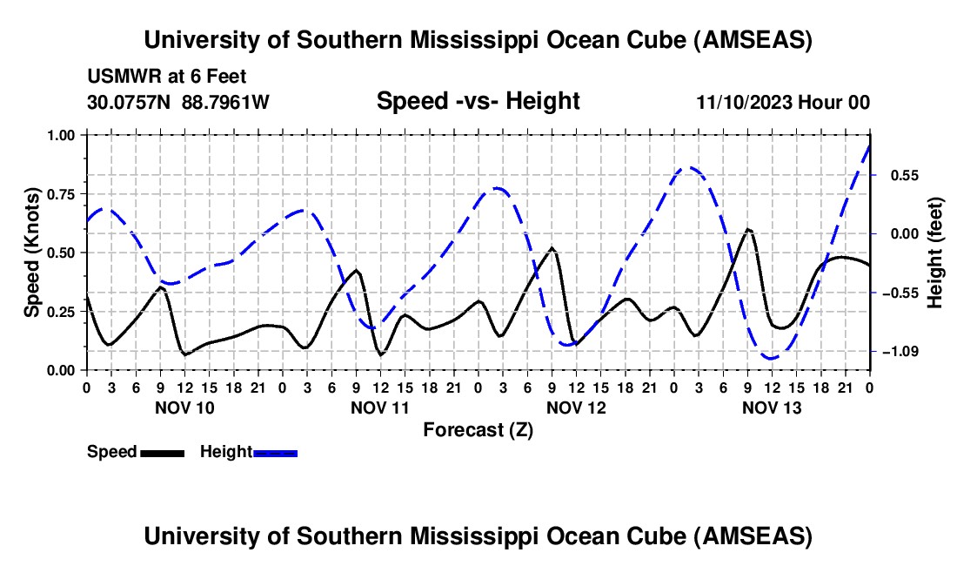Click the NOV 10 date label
point(184,407)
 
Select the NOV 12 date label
point(576,407)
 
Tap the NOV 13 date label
point(772,407)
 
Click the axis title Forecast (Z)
point(478,429)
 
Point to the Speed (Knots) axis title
point(32,253)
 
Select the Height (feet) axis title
point(935,253)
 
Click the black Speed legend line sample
point(162,452)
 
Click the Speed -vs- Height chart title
point(478,102)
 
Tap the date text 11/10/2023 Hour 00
point(783,103)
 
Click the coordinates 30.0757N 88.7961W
point(178,103)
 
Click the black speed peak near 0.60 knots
point(748,229)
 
